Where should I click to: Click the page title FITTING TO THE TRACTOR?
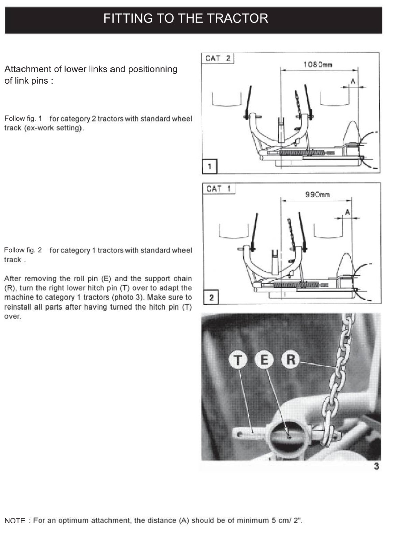tap(186, 18)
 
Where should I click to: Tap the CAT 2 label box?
tap(218, 58)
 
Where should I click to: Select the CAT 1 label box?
tap(219, 189)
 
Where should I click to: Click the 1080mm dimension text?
tap(318, 65)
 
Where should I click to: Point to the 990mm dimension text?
tap(317, 195)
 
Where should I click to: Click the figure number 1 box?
tap(209, 166)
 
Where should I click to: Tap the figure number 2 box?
tap(211, 297)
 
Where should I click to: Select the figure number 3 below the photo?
tap(376, 466)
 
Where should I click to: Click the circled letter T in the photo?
tap(238, 360)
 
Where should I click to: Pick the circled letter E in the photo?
tap(264, 360)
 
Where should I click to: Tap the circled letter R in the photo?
tap(291, 360)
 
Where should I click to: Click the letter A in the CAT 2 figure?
tap(353, 81)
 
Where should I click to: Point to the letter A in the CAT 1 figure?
tap(347, 212)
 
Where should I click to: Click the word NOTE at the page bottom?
tap(15, 521)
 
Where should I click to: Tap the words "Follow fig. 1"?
tap(23, 119)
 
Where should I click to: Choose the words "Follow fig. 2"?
tap(23, 250)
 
